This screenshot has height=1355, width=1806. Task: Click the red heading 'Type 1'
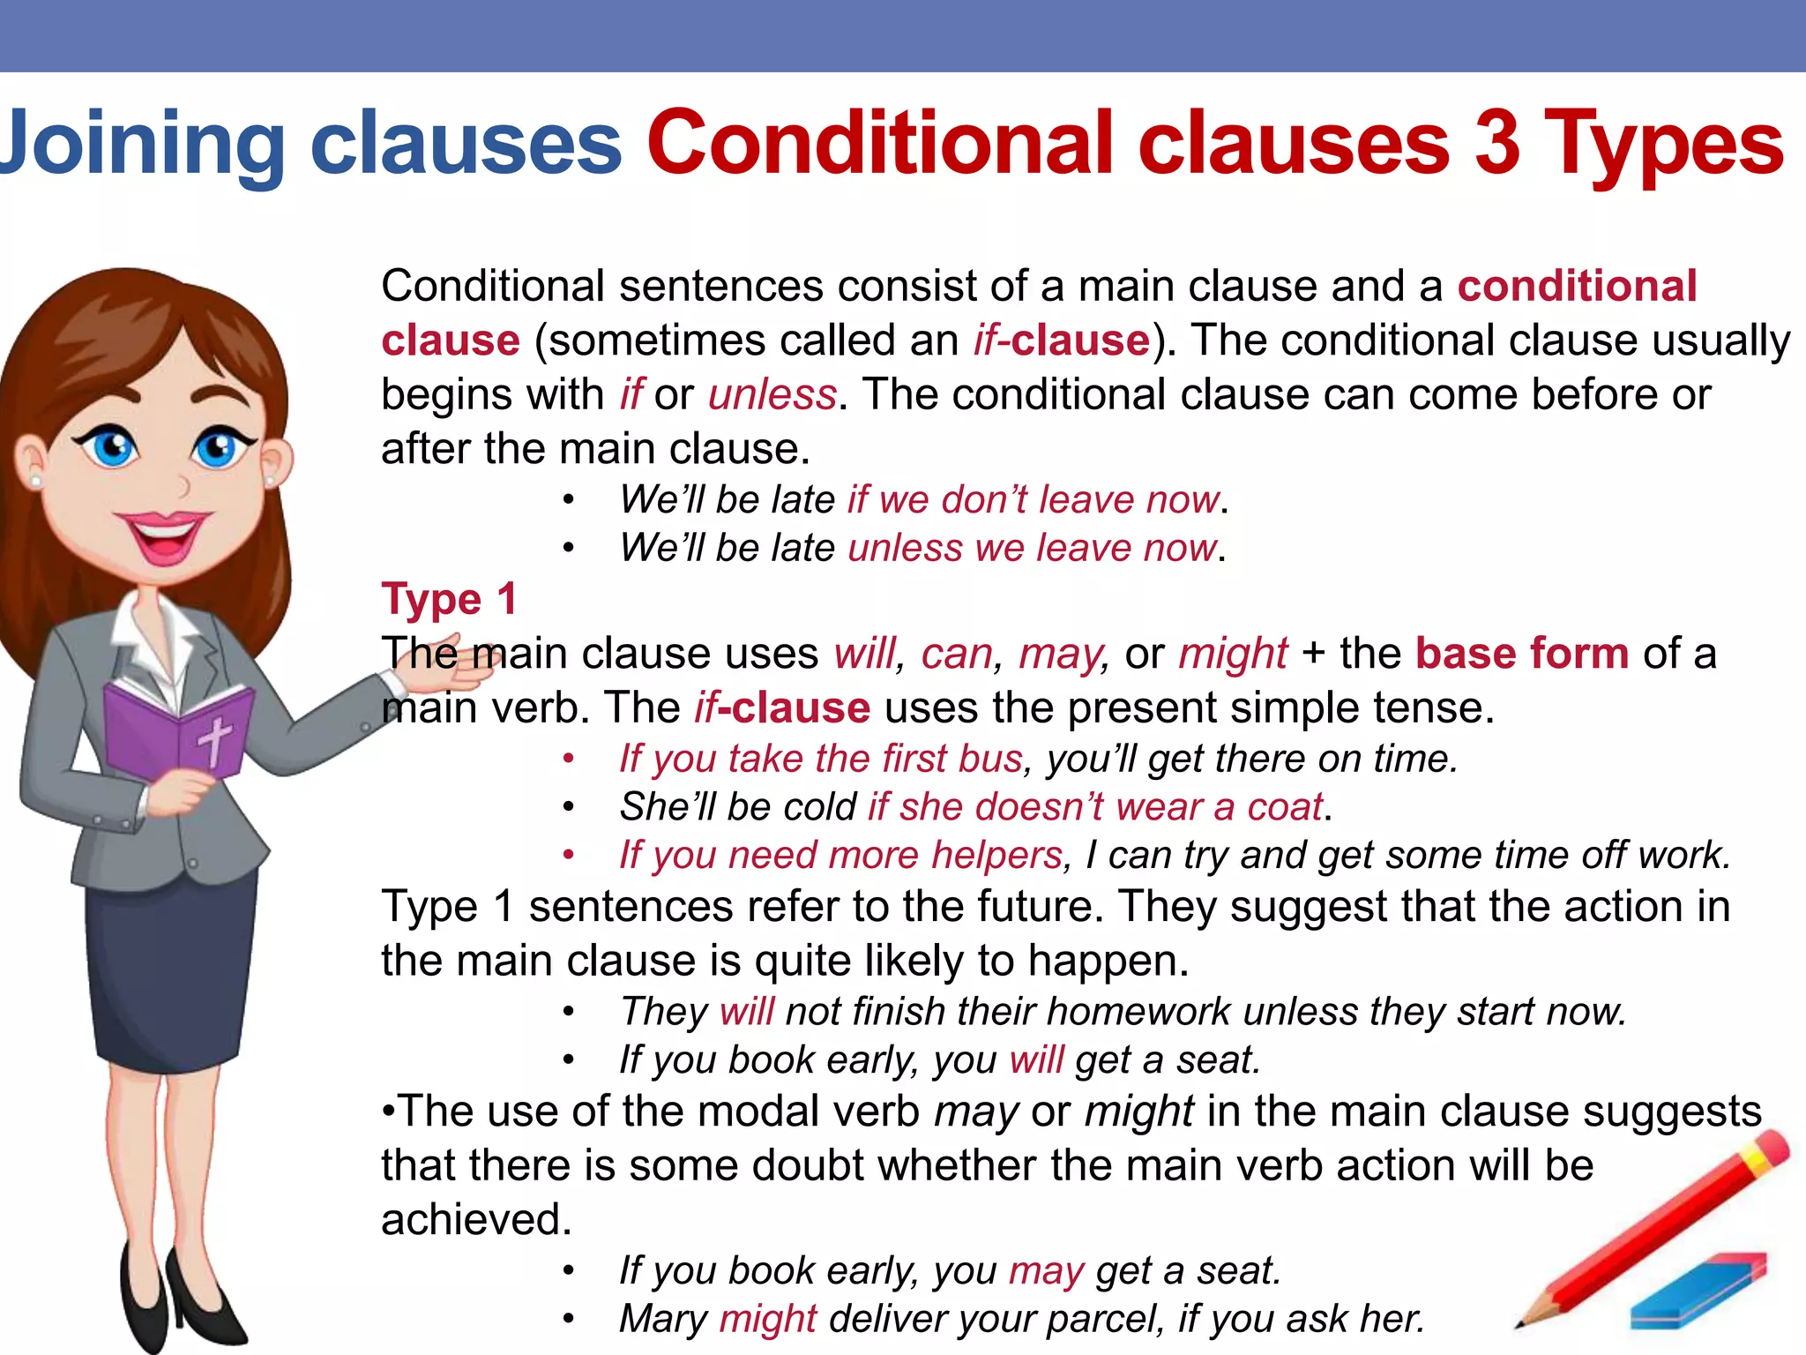coord(449,600)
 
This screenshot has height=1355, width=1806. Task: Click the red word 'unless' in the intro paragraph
coord(772,394)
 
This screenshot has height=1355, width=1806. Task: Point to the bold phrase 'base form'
coord(1522,654)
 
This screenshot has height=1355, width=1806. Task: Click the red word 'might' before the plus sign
coord(1233,654)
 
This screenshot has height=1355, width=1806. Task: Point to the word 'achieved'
coord(475,1220)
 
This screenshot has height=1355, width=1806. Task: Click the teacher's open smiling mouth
coord(163,537)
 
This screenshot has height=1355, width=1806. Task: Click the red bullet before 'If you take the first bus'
coord(570,760)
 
